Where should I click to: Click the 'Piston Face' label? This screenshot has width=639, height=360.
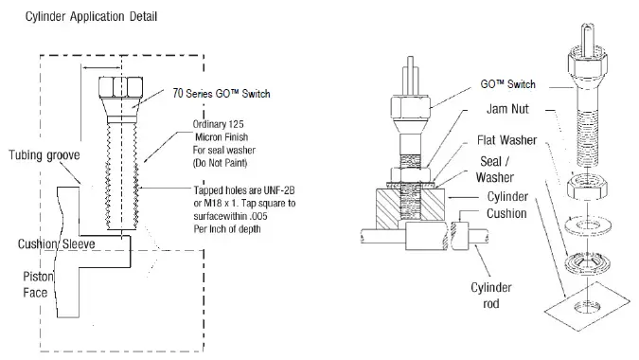click(36, 285)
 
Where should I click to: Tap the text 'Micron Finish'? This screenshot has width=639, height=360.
click(222, 135)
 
